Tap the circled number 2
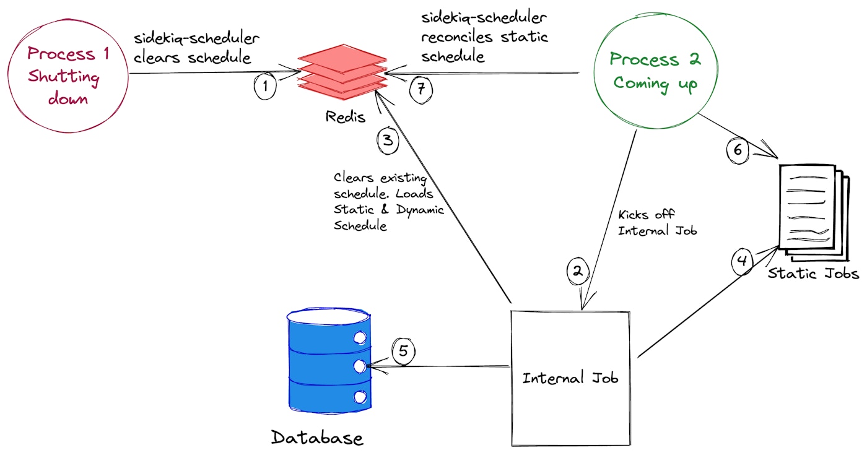coord(578,270)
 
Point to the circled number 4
coord(743,261)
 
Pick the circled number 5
coord(403,352)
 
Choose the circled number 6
coord(737,149)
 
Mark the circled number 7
coord(421,89)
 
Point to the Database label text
coord(317,438)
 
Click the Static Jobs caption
coord(813,273)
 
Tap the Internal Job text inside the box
coord(570,378)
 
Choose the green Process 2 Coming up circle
coord(655,71)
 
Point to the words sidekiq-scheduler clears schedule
coord(196,48)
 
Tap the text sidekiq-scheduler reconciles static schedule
coord(484,37)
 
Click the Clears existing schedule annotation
coord(389,201)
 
